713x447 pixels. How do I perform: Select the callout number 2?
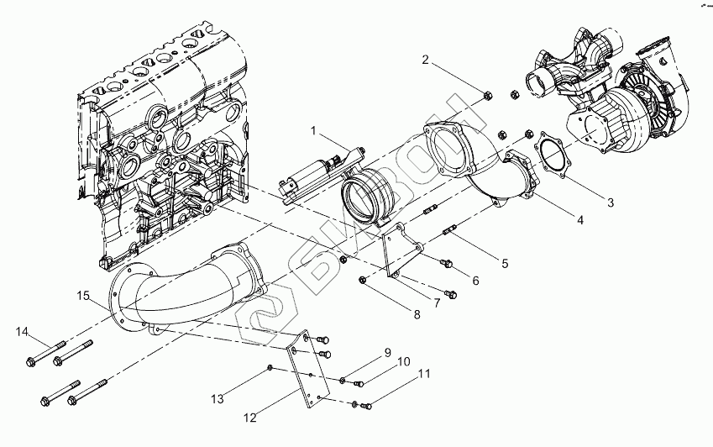pos(426,60)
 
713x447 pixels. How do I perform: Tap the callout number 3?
pos(611,202)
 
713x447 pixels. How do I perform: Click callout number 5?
pos(504,264)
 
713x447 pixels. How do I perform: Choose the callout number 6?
pos(475,281)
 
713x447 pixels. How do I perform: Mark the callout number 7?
pos(437,301)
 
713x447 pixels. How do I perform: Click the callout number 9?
pos(387,351)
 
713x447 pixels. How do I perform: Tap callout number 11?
pos(425,373)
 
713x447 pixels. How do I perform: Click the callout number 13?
pos(218,399)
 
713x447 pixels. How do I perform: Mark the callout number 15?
pos(83,295)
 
